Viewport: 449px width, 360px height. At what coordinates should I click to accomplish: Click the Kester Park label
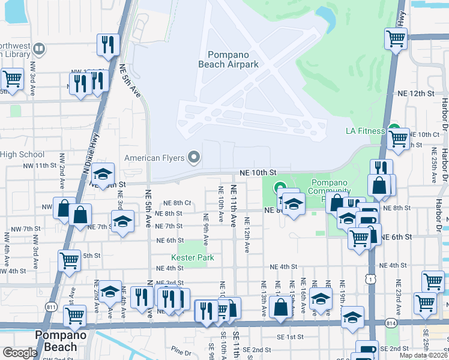click(x=193, y=257)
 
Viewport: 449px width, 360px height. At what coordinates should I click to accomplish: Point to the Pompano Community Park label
click(x=329, y=190)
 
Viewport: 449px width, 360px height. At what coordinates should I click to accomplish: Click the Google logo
click(x=20, y=353)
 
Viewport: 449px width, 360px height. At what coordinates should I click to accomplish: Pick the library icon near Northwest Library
click(x=39, y=48)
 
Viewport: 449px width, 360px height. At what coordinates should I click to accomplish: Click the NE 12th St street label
click(x=415, y=94)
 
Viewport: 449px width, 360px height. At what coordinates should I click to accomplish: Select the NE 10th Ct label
click(x=424, y=134)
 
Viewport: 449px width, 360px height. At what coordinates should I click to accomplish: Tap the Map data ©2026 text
click(x=423, y=355)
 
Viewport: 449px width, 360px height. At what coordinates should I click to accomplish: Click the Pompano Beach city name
click(x=56, y=341)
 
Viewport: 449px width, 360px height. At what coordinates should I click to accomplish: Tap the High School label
click(x=22, y=154)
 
